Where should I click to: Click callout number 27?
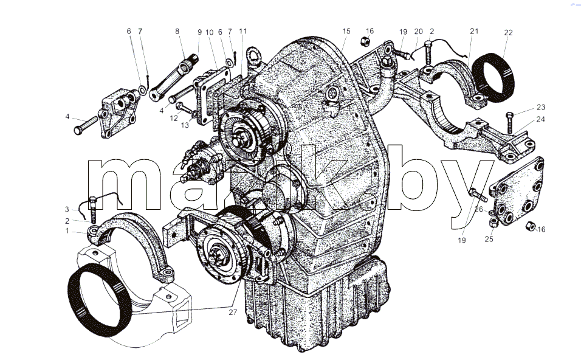(x=232, y=312)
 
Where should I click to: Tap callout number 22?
(x=508, y=33)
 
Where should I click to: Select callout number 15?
(x=346, y=31)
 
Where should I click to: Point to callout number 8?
(x=177, y=31)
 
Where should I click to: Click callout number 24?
(x=541, y=119)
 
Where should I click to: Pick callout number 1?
(x=67, y=231)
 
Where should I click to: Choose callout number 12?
(x=174, y=118)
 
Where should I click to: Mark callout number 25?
(x=489, y=239)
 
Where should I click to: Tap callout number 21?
(x=474, y=31)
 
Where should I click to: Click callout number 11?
(x=242, y=31)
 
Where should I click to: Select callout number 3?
(x=67, y=209)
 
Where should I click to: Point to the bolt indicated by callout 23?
(x=510, y=123)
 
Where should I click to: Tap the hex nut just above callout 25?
(x=493, y=222)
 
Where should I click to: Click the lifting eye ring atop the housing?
(x=254, y=55)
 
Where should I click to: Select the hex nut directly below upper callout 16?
(x=364, y=41)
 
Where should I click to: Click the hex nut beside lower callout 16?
(x=530, y=226)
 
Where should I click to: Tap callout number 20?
(x=418, y=32)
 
